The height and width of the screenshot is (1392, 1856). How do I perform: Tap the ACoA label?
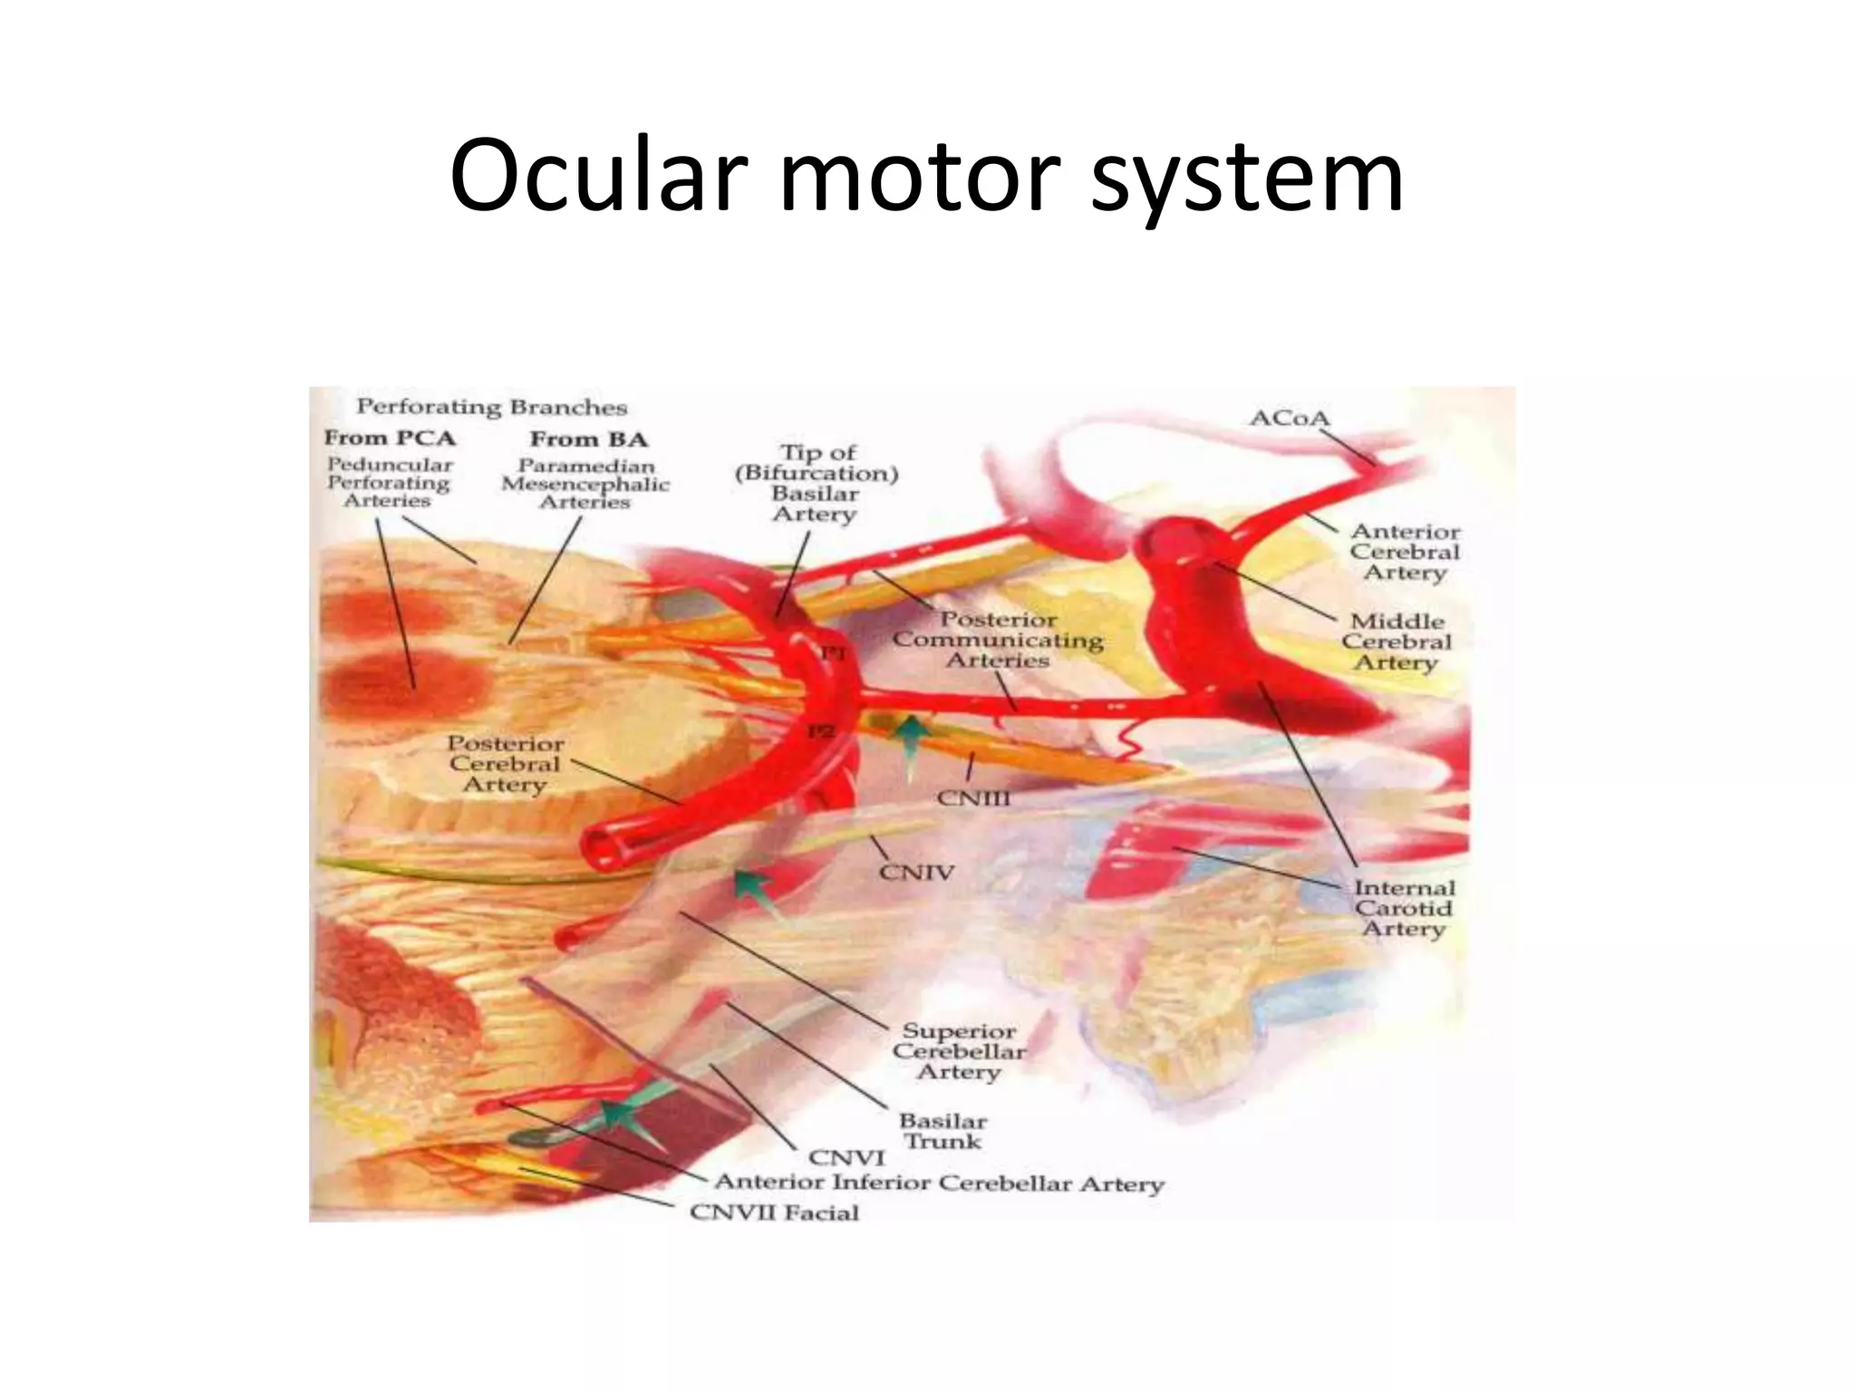(1289, 419)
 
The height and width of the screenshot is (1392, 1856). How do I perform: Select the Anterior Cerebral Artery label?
(1404, 552)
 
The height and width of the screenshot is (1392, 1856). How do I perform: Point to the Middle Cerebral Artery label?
(1397, 642)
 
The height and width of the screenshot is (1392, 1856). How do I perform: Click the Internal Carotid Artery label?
(1404, 908)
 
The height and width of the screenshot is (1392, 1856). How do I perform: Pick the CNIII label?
(972, 798)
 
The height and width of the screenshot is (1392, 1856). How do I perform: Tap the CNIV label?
(916, 873)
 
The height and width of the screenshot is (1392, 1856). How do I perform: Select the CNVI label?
(846, 1157)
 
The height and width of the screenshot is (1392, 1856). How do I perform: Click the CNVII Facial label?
(774, 1213)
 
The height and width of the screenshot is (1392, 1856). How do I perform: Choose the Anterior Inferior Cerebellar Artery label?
(939, 1184)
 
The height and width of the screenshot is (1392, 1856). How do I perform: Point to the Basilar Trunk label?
(942, 1132)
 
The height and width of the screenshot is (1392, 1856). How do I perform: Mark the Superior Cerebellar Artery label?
(959, 1051)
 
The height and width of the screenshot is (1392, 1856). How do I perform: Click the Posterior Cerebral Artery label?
(505, 764)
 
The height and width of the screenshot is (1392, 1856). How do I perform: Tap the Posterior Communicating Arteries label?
(998, 640)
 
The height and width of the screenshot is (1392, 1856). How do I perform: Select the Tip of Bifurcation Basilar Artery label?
(817, 483)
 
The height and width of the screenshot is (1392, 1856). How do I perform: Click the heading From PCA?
(390, 439)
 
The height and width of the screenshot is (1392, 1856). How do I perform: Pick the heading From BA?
(588, 440)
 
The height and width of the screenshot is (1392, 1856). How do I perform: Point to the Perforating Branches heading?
(491, 408)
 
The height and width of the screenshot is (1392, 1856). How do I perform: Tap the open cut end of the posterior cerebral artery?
(604, 847)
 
